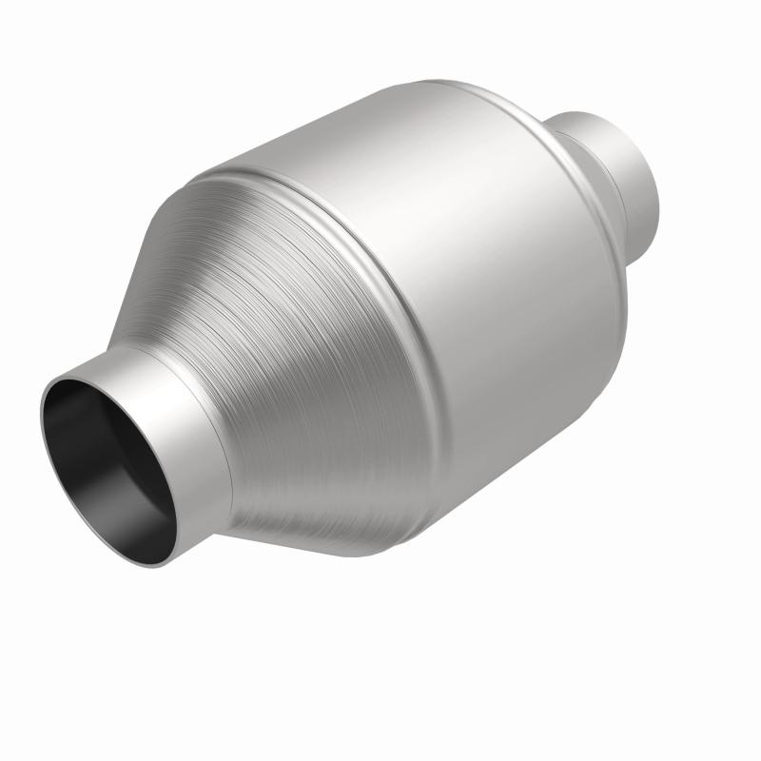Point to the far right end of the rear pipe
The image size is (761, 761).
point(661,171)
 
